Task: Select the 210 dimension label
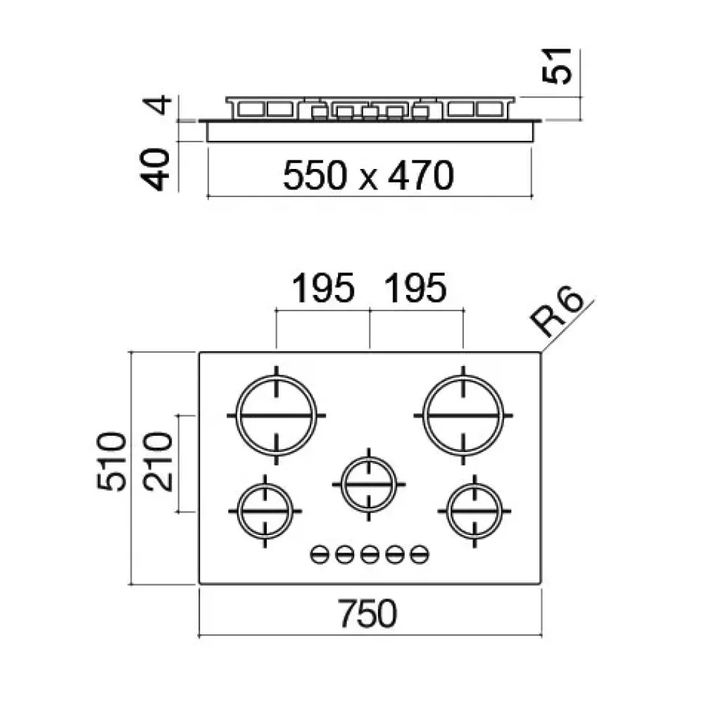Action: pos(158,463)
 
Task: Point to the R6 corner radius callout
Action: pos(558,313)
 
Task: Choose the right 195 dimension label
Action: pos(415,289)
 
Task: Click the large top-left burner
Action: pos(277,415)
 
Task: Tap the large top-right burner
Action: pos(463,415)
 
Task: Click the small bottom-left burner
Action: pos(265,510)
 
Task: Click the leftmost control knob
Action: pos(318,555)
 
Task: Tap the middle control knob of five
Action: pos(369,555)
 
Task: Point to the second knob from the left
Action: pos(344,555)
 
